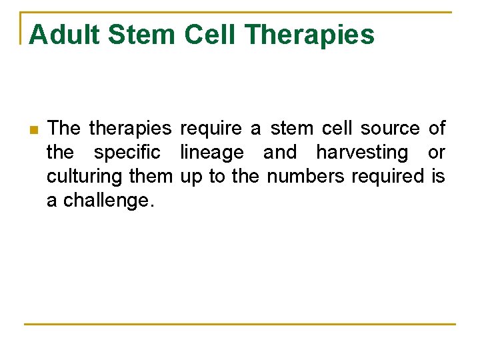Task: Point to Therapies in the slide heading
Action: (x=310, y=35)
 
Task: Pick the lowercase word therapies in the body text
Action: (x=130, y=128)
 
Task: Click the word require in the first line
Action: (x=211, y=128)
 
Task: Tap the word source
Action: (x=390, y=128)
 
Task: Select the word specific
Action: (x=127, y=153)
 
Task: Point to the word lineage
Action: (x=212, y=153)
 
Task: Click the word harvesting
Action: (x=362, y=153)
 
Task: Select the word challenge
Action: (x=108, y=201)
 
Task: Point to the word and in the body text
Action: (x=280, y=153)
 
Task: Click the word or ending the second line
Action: (x=436, y=153)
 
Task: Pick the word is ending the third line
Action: (x=438, y=177)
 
